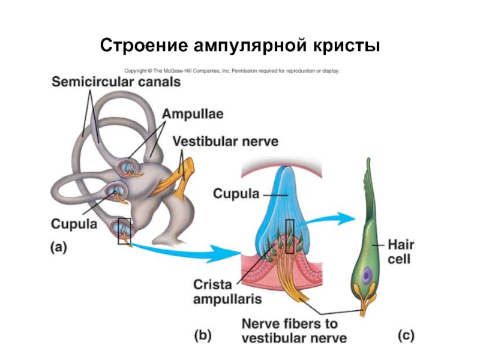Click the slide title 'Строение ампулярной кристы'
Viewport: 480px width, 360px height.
click(x=239, y=45)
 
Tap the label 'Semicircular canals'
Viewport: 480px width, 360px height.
click(x=116, y=82)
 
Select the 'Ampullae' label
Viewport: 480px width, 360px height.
click(x=191, y=113)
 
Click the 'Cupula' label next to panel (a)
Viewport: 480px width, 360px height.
click(x=74, y=224)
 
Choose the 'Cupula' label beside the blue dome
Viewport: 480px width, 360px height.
click(x=236, y=194)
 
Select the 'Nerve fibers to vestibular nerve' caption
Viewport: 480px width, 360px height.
click(x=294, y=331)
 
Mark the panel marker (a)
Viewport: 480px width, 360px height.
click(x=59, y=248)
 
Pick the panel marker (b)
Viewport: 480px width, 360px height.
click(x=202, y=336)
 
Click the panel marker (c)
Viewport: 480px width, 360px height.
click(x=406, y=336)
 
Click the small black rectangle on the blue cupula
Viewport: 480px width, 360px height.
click(x=290, y=236)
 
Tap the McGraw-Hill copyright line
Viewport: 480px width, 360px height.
click(x=232, y=71)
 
